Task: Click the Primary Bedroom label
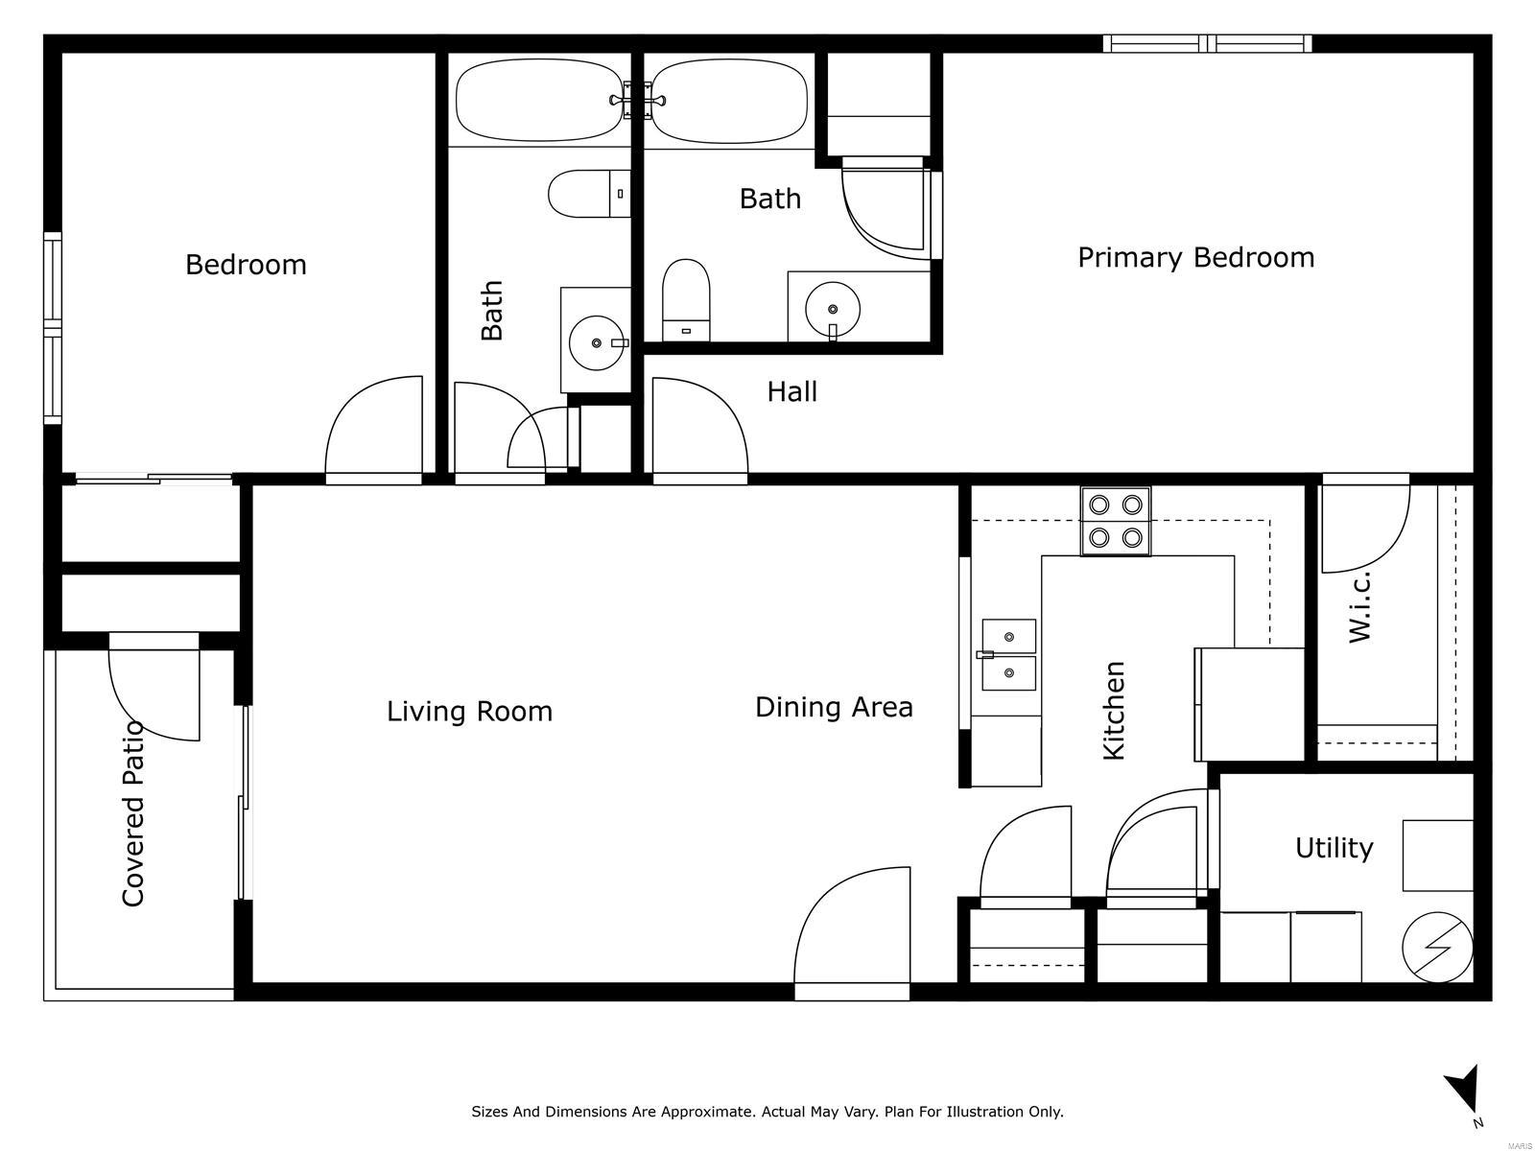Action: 1195,258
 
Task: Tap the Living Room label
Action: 469,712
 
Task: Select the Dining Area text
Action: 834,707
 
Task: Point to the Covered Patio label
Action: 132,813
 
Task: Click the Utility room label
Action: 1334,849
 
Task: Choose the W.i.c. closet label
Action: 1358,606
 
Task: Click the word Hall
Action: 791,391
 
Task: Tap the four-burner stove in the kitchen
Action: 1115,522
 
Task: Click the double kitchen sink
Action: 1008,654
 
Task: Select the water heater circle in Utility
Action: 1437,947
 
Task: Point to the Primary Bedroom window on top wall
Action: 1207,43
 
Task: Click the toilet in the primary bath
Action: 685,300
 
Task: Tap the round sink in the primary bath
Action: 832,309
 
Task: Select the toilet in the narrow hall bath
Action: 589,194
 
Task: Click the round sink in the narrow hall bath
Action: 597,342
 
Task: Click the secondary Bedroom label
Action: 246,265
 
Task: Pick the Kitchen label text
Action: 1113,710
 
